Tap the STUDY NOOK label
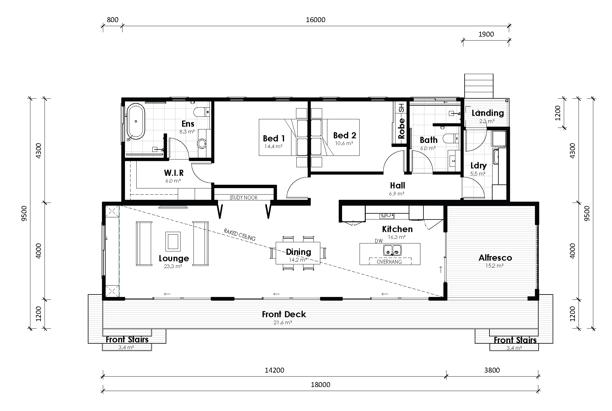click(x=244, y=198)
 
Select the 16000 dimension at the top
click(x=315, y=20)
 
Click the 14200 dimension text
click(x=274, y=370)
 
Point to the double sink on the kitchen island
click(x=392, y=250)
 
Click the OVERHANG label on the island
click(x=389, y=262)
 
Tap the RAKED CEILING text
click(x=240, y=235)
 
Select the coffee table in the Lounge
click(x=173, y=241)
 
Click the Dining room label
click(x=298, y=252)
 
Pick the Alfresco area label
click(x=495, y=258)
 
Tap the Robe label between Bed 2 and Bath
click(x=401, y=128)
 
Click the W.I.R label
click(x=173, y=173)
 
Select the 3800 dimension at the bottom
click(x=492, y=370)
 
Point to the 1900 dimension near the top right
click(x=486, y=34)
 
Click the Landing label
click(x=488, y=113)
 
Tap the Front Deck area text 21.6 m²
click(x=283, y=323)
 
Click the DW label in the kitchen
click(x=378, y=241)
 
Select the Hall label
click(x=397, y=186)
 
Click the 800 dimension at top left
click(x=112, y=20)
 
